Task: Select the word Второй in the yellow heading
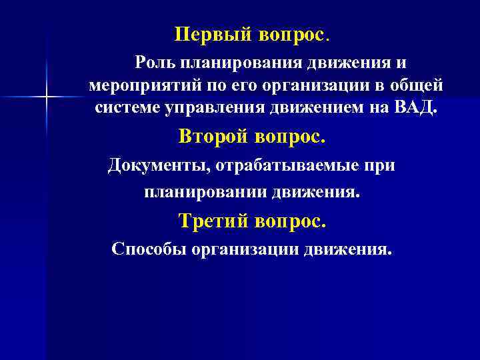coord(213,137)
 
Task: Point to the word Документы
coord(156,165)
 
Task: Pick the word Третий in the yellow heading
coord(213,221)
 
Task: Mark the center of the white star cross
coord(47,98)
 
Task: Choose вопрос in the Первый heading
coord(289,34)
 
